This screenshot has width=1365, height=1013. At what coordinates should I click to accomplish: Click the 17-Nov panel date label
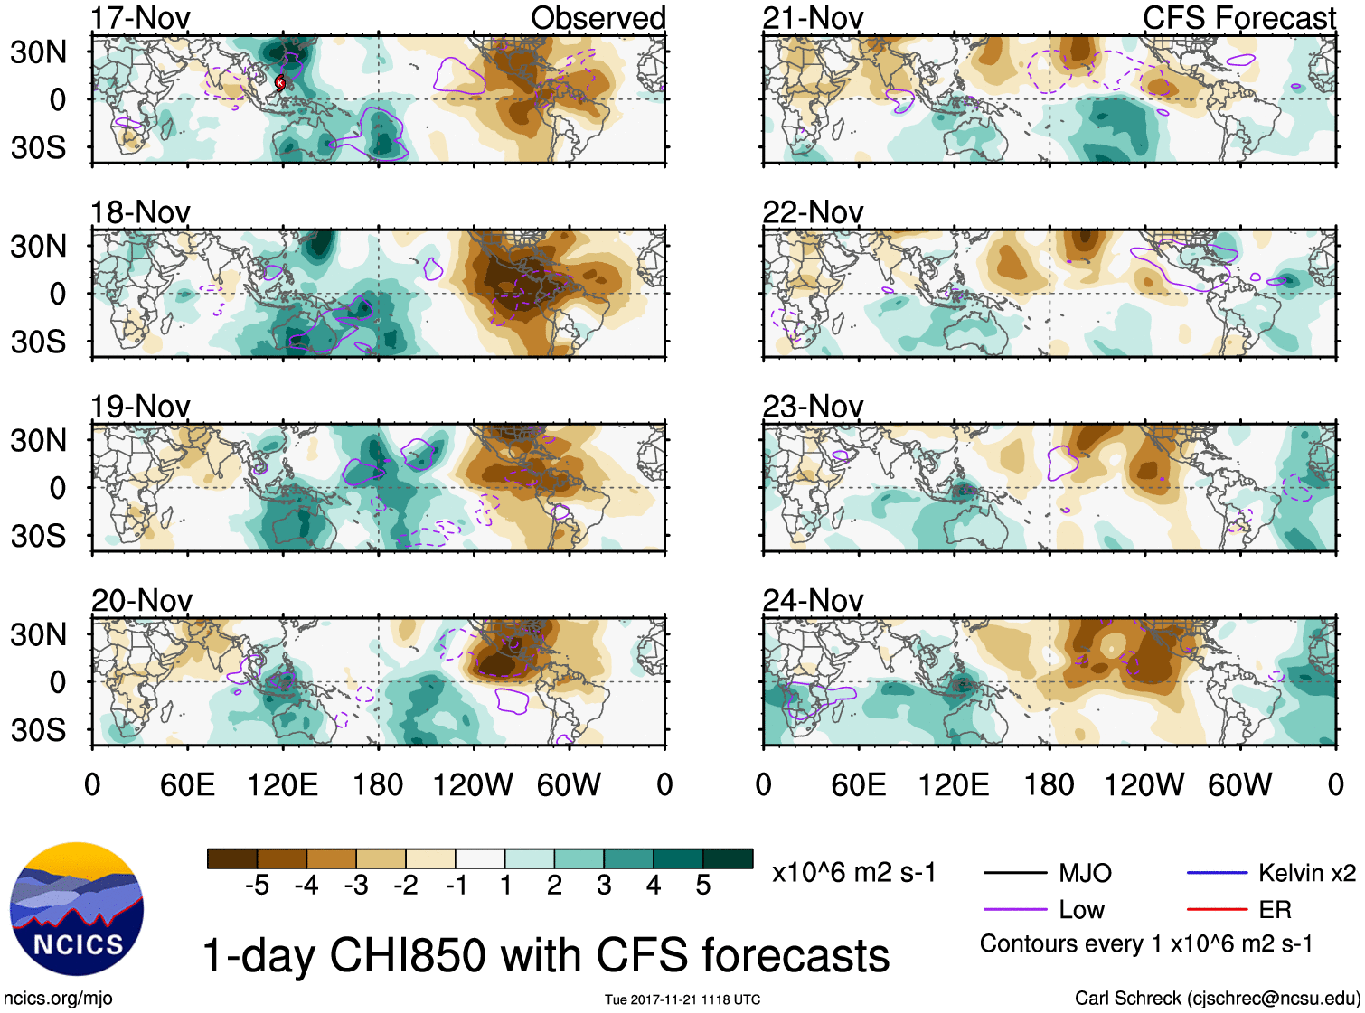click(x=140, y=18)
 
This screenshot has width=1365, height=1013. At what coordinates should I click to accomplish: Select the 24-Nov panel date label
click(x=812, y=600)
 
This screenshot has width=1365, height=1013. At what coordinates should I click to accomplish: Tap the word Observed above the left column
click(x=598, y=18)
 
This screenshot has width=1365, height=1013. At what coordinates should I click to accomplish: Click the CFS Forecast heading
click(x=1238, y=18)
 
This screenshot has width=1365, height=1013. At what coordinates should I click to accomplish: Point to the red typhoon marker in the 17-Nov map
click(x=280, y=83)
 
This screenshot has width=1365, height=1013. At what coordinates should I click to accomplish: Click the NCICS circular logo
click(x=77, y=909)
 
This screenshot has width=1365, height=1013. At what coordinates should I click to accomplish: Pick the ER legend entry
click(x=1275, y=909)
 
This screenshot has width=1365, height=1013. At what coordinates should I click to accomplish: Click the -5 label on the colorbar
click(x=257, y=886)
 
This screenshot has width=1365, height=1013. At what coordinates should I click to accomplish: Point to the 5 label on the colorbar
click(x=703, y=886)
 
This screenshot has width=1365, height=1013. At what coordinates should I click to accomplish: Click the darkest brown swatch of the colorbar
click(x=232, y=858)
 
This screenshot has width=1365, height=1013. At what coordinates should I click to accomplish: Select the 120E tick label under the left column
click(x=282, y=784)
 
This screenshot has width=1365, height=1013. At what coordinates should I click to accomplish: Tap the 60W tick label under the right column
click(x=1239, y=784)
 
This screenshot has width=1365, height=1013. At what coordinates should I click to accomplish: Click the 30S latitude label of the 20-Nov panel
click(x=38, y=729)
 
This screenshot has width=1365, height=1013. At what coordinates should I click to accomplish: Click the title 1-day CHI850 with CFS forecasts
click(x=545, y=955)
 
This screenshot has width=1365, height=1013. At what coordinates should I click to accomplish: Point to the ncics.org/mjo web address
click(x=58, y=998)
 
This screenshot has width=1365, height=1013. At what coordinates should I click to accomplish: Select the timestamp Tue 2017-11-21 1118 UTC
click(x=682, y=999)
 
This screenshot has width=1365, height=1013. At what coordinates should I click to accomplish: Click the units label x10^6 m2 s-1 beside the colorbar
click(x=853, y=873)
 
